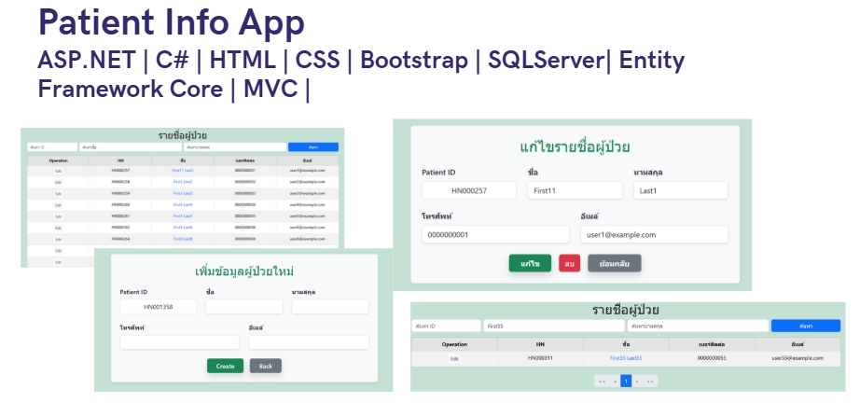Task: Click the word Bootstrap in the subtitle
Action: coord(413,61)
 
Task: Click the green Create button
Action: coord(225,366)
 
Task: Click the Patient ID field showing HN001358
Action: coord(159,307)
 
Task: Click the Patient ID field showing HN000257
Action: coord(469,190)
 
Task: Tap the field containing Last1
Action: coord(680,190)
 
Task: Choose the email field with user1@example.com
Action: coord(653,235)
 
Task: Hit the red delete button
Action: coord(569,263)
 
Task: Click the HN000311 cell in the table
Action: coord(540,358)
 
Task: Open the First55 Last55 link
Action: coord(626,358)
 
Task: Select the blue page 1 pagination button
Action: coord(626,381)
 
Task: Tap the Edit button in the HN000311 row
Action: coord(454,358)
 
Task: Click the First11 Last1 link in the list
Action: coord(182,171)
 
